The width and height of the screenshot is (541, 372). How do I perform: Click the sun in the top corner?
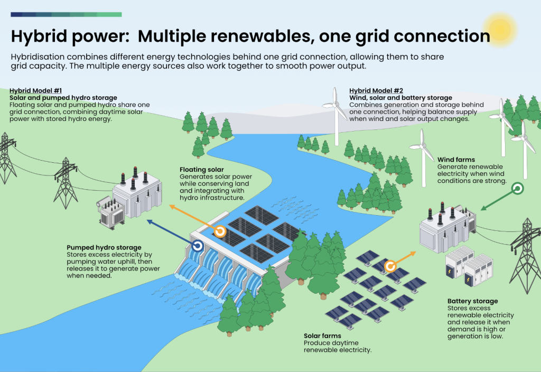coord(499,29)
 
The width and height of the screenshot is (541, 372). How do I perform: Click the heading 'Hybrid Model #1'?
coord(35,91)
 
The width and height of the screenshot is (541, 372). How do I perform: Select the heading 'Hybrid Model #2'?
coord(376,91)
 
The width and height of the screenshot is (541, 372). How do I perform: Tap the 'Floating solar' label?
coord(201,170)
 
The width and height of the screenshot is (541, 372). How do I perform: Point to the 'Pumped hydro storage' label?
coord(104,247)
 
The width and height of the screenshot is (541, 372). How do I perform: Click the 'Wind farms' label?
coord(456,160)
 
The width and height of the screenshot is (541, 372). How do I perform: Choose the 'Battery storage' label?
coord(472,301)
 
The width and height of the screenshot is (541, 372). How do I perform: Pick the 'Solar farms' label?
coord(322,336)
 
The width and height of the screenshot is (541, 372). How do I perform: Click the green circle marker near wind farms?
coord(518,189)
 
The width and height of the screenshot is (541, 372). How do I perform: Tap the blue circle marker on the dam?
coord(198,246)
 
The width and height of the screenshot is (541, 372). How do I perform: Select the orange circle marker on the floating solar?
coord(220,231)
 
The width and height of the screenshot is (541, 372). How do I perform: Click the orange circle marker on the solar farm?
coord(390,266)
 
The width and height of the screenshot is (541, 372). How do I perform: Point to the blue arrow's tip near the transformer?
coord(147,220)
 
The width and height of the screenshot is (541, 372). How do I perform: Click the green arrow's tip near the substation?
coord(482,209)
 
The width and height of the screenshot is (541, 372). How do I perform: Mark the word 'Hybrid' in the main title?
coord(40,36)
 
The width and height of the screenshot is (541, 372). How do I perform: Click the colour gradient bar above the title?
coord(66,14)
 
